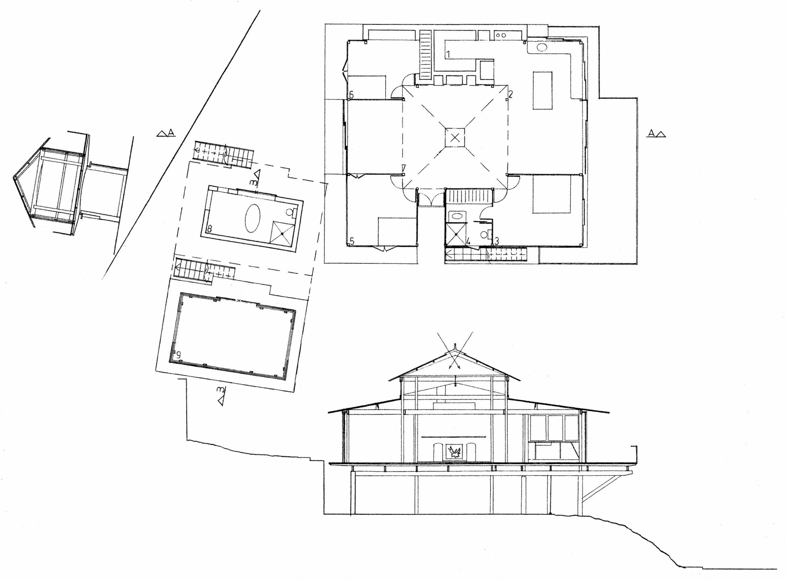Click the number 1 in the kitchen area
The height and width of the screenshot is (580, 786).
pyautogui.click(x=448, y=54)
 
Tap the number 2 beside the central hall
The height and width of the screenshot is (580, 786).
pyautogui.click(x=511, y=94)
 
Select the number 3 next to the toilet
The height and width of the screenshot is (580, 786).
pyautogui.click(x=497, y=241)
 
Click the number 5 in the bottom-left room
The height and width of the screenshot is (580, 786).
pyautogui.click(x=352, y=242)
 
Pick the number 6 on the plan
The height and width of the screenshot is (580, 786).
pyautogui.click(x=351, y=95)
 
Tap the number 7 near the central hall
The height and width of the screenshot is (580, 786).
pyautogui.click(x=404, y=168)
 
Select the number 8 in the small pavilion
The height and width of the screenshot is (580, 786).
pyautogui.click(x=210, y=229)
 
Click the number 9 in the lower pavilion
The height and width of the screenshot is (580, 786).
pyautogui.click(x=178, y=355)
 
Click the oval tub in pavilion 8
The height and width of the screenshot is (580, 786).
pyautogui.click(x=252, y=219)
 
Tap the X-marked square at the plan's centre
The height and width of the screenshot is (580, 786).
pyautogui.click(x=455, y=137)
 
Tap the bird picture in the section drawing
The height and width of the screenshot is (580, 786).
pyautogui.click(x=456, y=451)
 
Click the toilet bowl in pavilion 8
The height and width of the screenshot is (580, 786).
pyautogui.click(x=290, y=212)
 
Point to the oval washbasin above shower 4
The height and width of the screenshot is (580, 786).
pyautogui.click(x=457, y=216)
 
